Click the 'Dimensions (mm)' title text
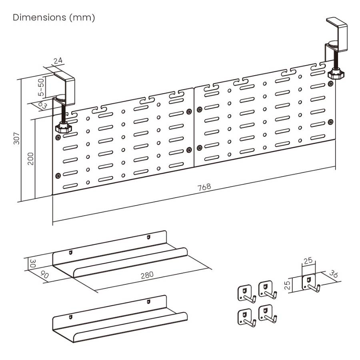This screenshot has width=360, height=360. tap(54, 18)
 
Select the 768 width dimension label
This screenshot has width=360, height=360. tap(204, 186)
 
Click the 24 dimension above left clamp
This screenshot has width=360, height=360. tap(58, 61)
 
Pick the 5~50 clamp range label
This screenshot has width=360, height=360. tap(41, 87)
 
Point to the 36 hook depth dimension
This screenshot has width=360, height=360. tap(333, 274)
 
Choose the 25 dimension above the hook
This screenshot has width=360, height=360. tap(308, 261)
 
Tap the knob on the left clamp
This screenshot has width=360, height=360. tap(62, 128)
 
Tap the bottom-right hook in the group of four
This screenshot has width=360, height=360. tap(267, 315)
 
